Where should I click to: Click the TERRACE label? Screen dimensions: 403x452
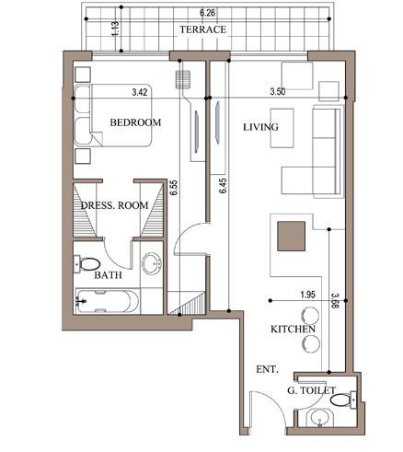click(x=202, y=29)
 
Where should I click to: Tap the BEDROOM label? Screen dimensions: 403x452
click(x=135, y=122)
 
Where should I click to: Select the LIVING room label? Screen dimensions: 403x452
click(x=260, y=127)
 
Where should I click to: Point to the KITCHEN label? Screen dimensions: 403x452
click(x=293, y=330)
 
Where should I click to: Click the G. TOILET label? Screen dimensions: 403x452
click(x=311, y=390)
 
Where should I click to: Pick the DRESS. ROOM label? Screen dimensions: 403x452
click(x=114, y=205)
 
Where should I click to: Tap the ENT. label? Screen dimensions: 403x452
click(x=267, y=369)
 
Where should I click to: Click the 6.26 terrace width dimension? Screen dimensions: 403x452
click(x=208, y=13)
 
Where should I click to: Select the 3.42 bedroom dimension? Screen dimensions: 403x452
click(x=140, y=92)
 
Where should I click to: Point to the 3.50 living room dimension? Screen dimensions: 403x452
click(x=278, y=91)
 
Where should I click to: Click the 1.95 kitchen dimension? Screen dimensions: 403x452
click(x=307, y=295)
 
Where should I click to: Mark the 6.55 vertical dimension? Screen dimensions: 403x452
click(x=174, y=188)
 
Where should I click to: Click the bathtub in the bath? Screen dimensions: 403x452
click(x=108, y=301)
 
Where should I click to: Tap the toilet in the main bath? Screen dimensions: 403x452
click(x=87, y=264)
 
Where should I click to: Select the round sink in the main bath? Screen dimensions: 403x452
click(x=152, y=264)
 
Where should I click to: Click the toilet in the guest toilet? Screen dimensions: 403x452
click(x=343, y=400)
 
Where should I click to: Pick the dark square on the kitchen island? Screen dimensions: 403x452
click(x=291, y=236)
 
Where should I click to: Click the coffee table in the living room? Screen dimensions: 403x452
click(x=282, y=128)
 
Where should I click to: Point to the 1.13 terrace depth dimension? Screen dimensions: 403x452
click(x=116, y=29)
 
